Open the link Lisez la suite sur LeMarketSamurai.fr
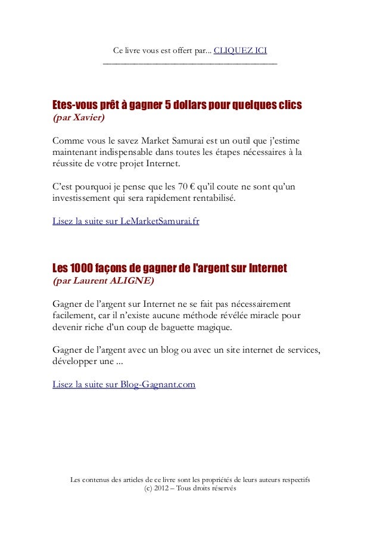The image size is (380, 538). coord(126,221)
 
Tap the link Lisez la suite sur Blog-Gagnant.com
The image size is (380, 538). coord(124,384)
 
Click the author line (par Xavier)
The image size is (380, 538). coord(79,118)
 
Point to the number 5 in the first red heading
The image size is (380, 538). coord(167,105)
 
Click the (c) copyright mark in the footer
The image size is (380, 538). coord(148,488)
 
